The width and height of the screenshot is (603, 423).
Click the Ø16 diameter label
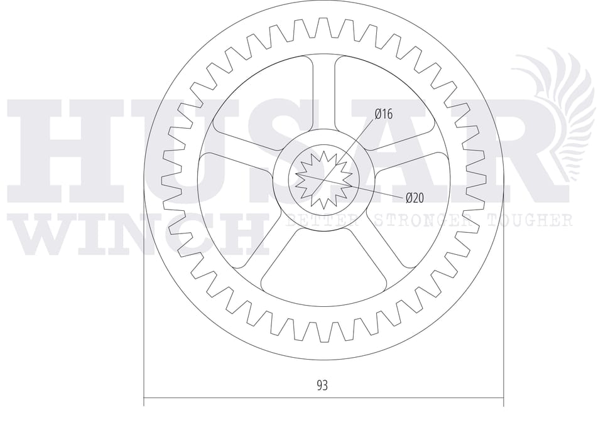point(384,114)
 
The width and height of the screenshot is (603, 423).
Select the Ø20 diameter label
point(415,198)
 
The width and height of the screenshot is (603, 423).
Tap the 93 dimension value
point(322,385)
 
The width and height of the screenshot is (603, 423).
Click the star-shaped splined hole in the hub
point(324,179)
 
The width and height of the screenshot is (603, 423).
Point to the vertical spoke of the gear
point(322,92)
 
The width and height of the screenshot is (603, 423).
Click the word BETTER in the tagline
point(323,220)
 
